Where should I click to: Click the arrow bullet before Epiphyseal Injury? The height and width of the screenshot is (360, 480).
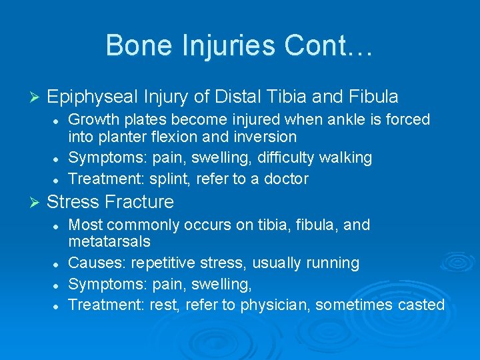coord(37,97)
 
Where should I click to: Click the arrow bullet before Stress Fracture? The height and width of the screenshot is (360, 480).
coord(37,202)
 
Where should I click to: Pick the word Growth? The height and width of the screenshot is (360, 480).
coord(91,119)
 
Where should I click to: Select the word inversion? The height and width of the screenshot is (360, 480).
coord(263,137)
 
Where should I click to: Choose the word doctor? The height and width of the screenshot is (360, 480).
coord(285,179)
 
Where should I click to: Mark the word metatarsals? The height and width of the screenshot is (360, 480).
coord(109,241)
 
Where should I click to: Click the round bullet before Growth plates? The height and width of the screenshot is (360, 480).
coord(58,120)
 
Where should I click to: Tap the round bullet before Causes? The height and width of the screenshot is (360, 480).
coord(58,263)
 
